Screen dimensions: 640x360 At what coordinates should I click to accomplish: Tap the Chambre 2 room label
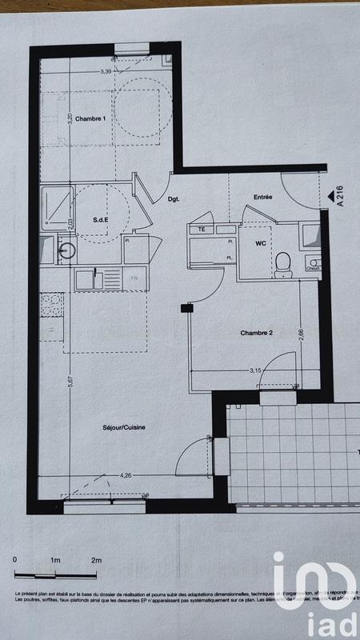coord(258,332)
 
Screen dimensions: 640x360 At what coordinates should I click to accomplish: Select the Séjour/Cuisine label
coord(127,428)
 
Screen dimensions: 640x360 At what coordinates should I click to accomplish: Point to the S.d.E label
coord(101,220)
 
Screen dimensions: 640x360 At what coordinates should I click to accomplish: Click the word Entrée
coord(263,197)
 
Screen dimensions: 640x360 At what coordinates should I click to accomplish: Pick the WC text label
coord(260,242)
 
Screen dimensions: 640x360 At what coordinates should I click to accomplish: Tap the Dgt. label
coord(174,199)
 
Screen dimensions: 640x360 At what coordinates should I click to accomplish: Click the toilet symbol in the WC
coord(282,263)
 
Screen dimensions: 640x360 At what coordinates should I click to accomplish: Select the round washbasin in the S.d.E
coord(67,250)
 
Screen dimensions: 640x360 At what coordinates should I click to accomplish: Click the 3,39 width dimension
coord(105,72)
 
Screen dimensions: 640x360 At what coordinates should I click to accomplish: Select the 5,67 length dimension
coord(70,382)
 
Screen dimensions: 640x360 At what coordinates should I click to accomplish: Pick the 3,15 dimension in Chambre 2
coord(256,370)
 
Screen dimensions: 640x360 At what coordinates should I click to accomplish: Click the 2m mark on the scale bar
coord(97,559)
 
